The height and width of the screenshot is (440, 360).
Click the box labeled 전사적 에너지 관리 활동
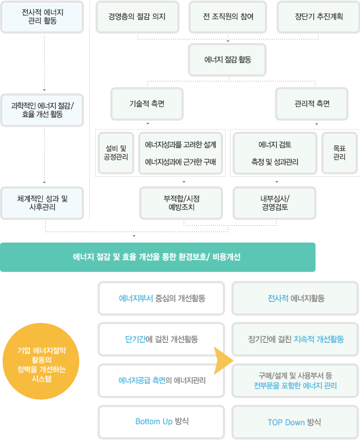[x=41, y=17]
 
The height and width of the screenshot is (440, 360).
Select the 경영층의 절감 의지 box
[x=137, y=17]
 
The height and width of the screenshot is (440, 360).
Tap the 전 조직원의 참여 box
[x=228, y=17]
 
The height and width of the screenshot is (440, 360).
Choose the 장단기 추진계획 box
[x=319, y=17]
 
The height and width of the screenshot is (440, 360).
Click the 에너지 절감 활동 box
[x=228, y=59]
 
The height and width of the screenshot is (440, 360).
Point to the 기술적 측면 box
[x=147, y=103]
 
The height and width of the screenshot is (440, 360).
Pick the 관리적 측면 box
[x=312, y=103]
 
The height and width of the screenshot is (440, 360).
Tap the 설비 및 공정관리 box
[x=116, y=153]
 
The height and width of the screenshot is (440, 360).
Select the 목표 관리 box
[x=339, y=153]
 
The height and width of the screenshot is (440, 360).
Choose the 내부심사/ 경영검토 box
[x=276, y=203]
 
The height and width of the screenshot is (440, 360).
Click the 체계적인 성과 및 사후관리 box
[x=41, y=203]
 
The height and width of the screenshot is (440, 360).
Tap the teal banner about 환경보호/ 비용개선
[x=157, y=257]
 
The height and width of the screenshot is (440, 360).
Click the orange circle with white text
[x=41, y=361]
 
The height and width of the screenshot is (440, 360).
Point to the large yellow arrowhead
[x=223, y=361]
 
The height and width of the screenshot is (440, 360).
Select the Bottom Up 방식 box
[x=162, y=422]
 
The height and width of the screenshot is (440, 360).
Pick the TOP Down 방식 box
[x=294, y=422]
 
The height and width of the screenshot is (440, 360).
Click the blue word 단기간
[x=131, y=339]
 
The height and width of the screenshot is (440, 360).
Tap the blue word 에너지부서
[x=135, y=298]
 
